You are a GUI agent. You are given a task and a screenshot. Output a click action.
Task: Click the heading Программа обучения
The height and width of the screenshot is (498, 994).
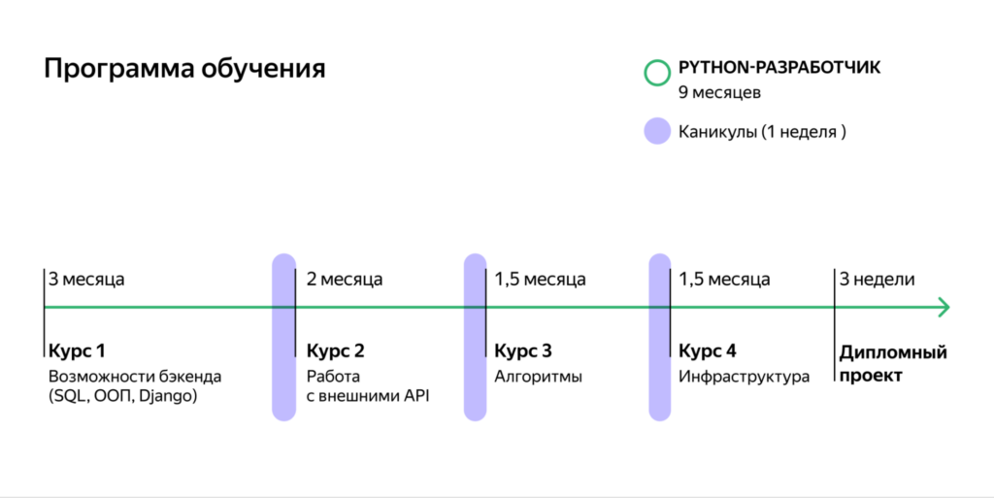(x=184, y=70)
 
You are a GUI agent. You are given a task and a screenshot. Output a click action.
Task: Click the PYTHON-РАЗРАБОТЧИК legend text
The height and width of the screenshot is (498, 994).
(x=779, y=69)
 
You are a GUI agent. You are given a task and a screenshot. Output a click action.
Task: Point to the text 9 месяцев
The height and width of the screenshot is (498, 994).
(x=719, y=94)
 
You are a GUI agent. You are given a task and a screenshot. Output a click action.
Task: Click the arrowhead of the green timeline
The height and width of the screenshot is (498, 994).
(x=943, y=308)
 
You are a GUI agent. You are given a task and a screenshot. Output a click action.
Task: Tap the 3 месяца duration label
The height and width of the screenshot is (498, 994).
(x=87, y=280)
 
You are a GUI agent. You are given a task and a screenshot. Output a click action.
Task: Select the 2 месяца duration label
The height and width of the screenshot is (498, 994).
(x=345, y=280)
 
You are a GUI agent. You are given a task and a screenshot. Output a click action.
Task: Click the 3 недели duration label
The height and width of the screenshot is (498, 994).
(x=878, y=280)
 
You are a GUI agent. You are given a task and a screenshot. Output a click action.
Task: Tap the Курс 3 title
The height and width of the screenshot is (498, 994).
(x=523, y=350)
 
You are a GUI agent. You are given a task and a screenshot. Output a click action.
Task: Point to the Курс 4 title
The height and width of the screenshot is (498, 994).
(x=708, y=350)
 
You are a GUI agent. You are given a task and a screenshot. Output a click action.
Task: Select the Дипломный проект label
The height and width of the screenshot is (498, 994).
(x=892, y=363)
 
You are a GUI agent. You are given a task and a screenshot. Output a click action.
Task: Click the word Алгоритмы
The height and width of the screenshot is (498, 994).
(x=539, y=376)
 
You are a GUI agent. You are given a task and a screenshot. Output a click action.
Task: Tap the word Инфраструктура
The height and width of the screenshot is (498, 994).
(x=744, y=376)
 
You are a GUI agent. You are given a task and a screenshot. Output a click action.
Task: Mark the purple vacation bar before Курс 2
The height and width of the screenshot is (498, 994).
(x=283, y=337)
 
